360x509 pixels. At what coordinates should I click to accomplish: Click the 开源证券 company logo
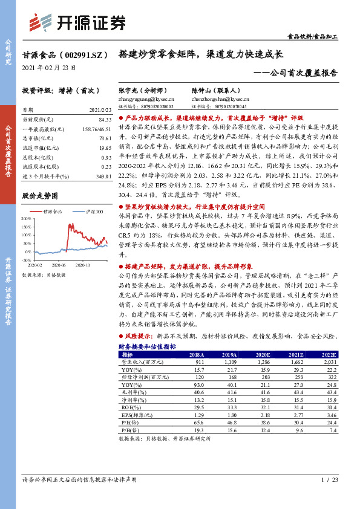(77, 23)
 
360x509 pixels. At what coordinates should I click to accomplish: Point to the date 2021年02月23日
(49, 67)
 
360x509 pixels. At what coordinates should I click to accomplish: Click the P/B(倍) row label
(129, 430)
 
